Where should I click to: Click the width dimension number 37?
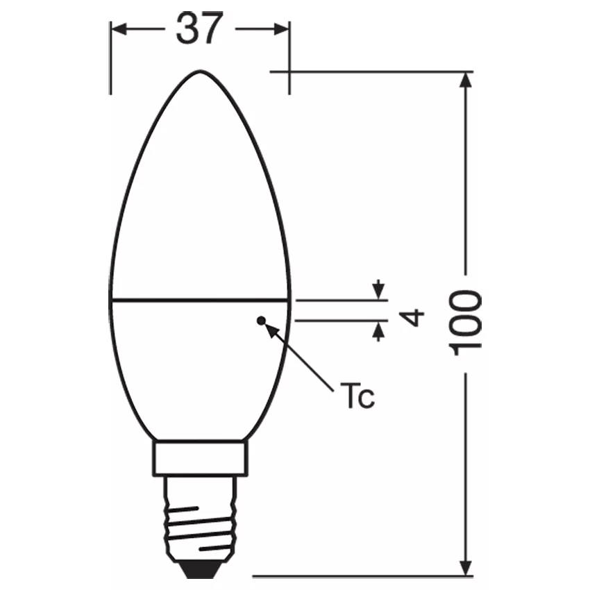[x=199, y=28]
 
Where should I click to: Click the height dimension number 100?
[x=466, y=323]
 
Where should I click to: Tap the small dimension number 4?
[x=412, y=318]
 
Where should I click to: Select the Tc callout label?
[x=357, y=395]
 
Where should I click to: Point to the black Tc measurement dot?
[x=261, y=321]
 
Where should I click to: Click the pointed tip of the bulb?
[x=200, y=71]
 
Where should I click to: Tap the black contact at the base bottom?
[x=200, y=569]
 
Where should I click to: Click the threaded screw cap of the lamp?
[x=201, y=519]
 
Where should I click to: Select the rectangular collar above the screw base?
[x=200, y=458]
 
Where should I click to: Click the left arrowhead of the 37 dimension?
[x=119, y=29]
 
